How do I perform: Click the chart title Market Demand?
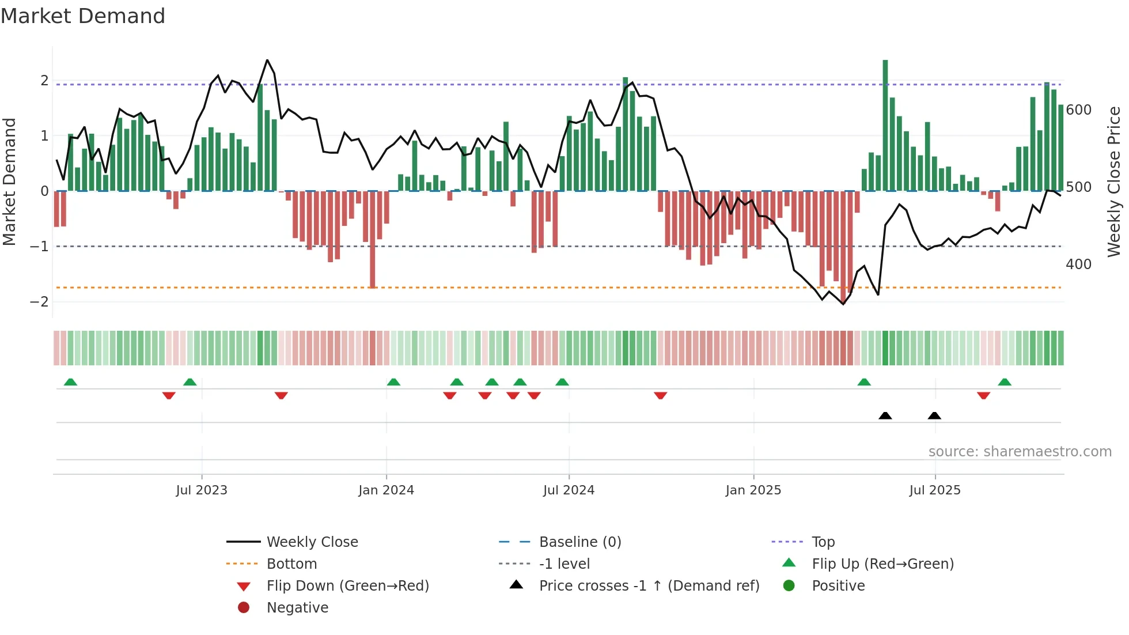[x=83, y=16]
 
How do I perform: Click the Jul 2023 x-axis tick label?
[x=202, y=490]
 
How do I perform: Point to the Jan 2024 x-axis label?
[x=386, y=490]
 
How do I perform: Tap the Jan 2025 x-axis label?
[x=753, y=490]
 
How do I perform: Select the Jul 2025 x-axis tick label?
[x=935, y=490]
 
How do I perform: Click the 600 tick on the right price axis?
[x=1078, y=110]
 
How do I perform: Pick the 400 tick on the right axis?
[x=1078, y=264]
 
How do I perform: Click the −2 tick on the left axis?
[x=39, y=302]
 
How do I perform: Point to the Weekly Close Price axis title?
[x=1114, y=182]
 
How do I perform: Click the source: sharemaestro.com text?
[x=1020, y=452]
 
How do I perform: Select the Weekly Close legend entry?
[x=312, y=542]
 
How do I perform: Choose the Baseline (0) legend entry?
[x=579, y=542]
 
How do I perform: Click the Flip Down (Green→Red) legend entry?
[x=347, y=586]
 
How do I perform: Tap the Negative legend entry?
[x=297, y=608]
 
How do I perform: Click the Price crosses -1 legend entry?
[x=649, y=586]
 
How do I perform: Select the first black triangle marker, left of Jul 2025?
[x=885, y=415]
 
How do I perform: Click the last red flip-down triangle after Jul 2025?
[x=983, y=395]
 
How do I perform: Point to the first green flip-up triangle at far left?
[x=70, y=382]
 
